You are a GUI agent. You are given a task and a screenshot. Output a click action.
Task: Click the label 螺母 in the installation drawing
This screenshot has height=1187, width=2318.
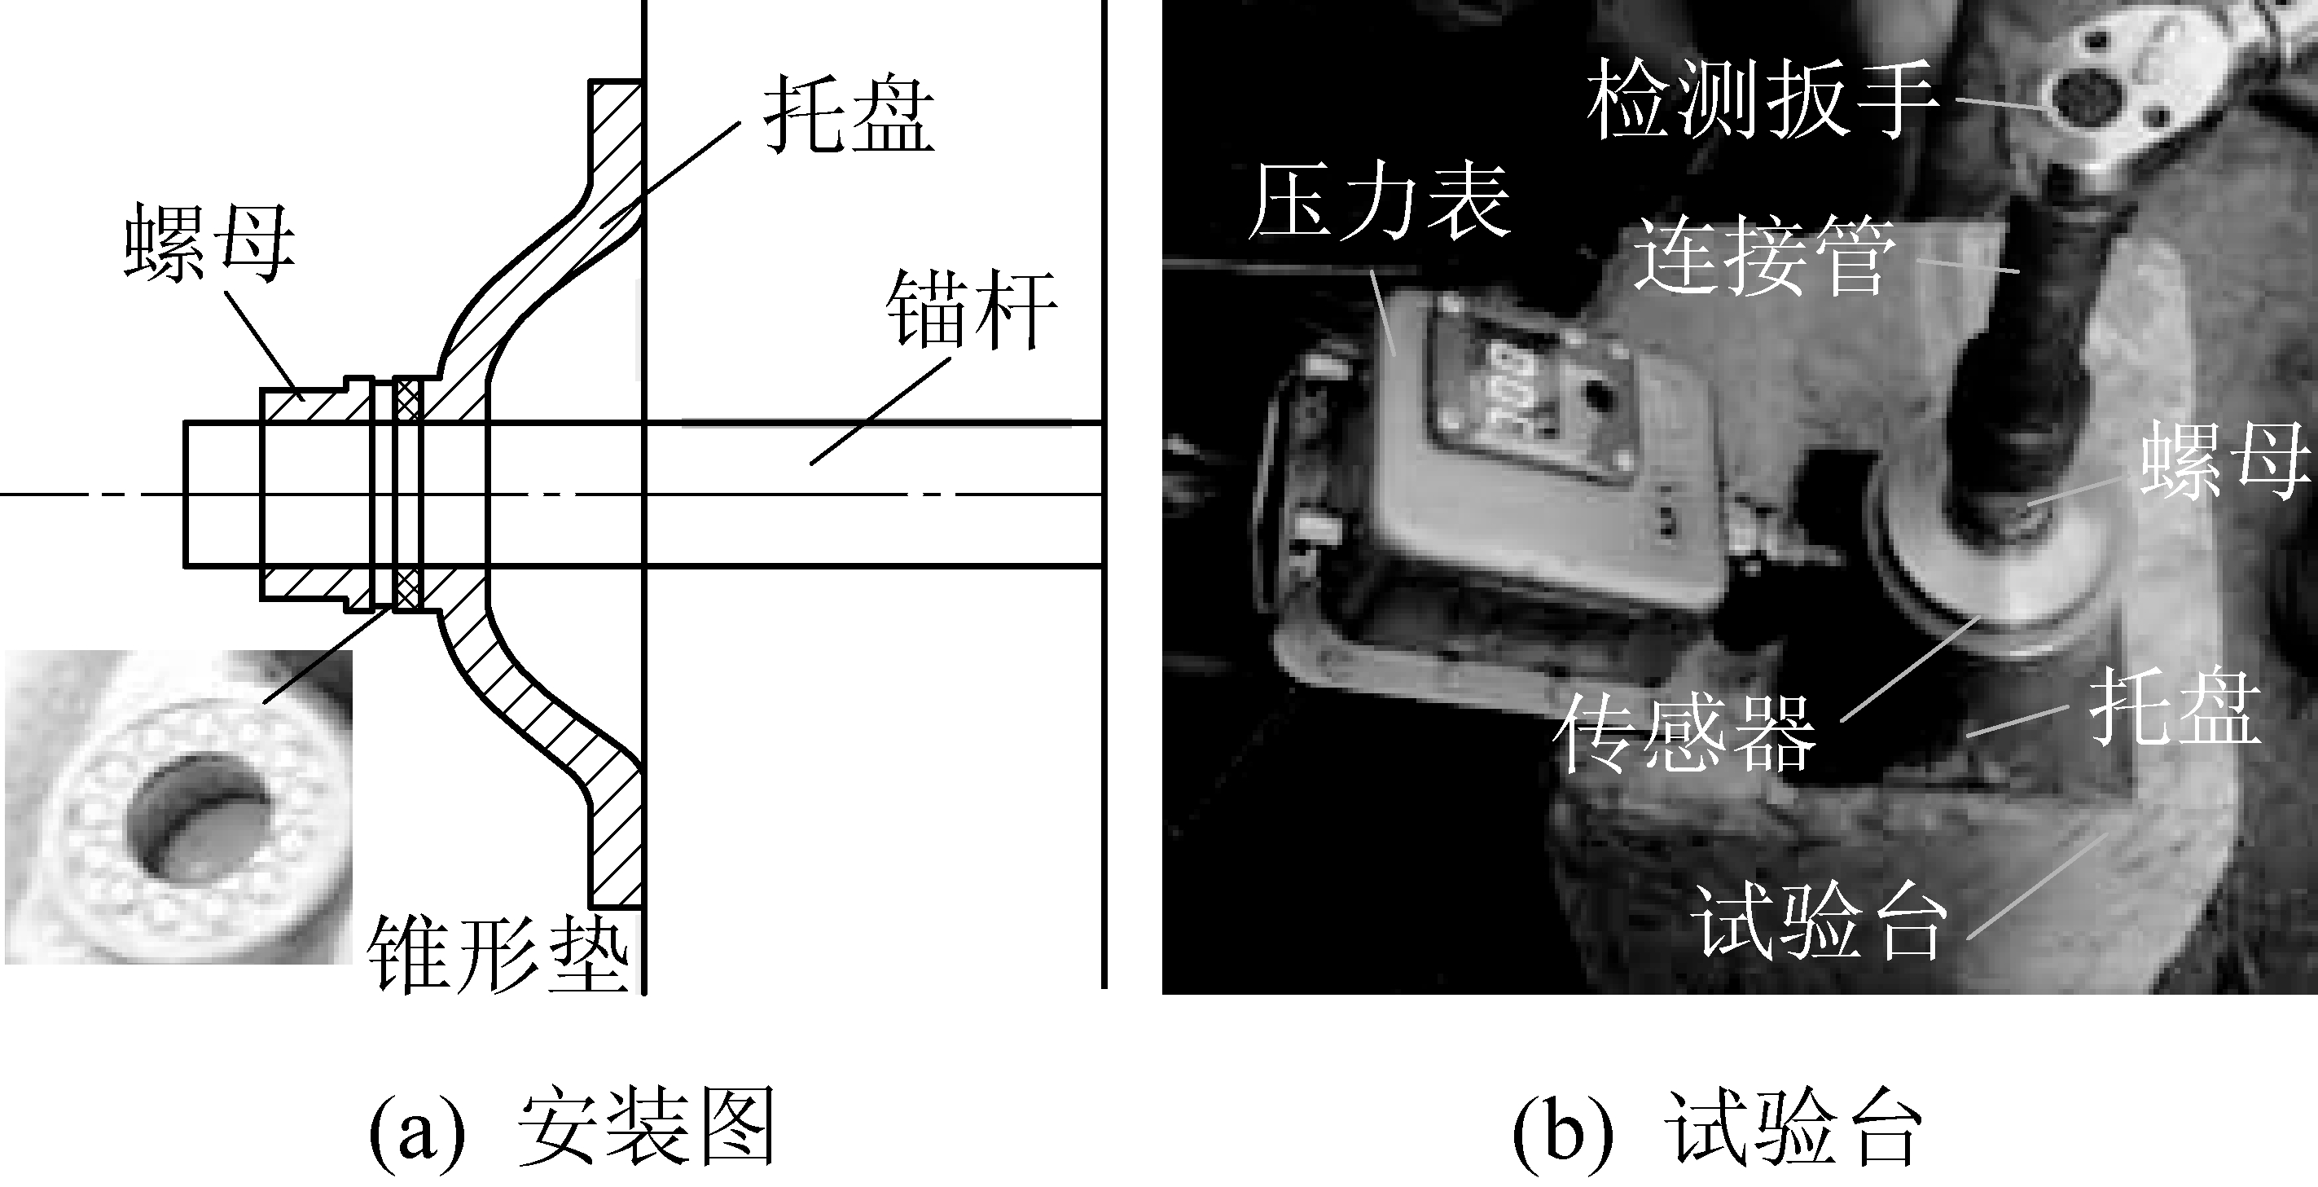pos(209,243)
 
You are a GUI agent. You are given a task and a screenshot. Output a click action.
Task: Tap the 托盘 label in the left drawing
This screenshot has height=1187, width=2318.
pos(849,118)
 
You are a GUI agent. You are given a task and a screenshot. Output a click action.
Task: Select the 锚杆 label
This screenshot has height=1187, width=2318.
pos(971,310)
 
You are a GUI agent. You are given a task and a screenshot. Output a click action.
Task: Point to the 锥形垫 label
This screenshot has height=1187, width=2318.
pos(498,955)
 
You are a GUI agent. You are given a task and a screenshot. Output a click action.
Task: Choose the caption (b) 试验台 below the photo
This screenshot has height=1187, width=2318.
pos(1718,1128)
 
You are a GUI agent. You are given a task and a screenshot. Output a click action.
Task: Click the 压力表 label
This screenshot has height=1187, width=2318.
pos(1379,204)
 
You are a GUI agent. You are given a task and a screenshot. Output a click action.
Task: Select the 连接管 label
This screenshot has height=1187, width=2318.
pos(1765,257)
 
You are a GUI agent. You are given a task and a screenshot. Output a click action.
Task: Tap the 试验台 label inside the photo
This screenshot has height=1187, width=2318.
pos(1819,923)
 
